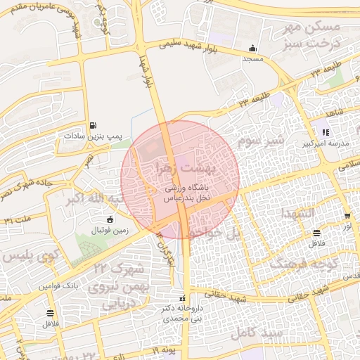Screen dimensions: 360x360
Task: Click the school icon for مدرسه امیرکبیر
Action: click(x=325, y=131)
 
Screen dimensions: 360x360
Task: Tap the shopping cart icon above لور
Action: click(x=347, y=216)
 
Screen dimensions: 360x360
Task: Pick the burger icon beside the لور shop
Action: click(x=317, y=232)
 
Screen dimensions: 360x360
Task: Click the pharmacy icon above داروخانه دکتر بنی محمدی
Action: click(x=183, y=297)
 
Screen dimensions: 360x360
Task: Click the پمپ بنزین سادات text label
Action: click(x=94, y=135)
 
